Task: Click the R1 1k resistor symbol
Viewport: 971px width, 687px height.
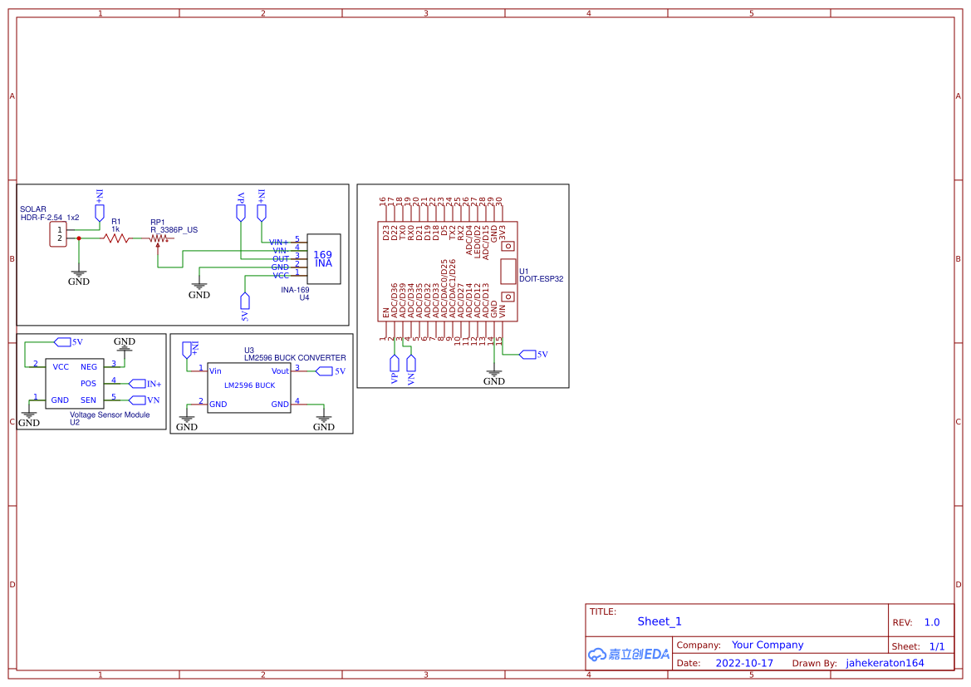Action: coord(116,238)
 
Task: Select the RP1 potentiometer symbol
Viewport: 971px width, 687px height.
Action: coord(158,239)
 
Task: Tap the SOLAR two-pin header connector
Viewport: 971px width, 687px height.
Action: coord(58,234)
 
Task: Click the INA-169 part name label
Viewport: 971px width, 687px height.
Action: coord(295,290)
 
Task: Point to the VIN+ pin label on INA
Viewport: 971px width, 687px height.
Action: coord(278,242)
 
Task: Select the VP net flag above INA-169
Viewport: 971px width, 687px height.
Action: coord(241,213)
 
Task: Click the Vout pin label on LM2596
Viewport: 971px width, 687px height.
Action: coord(280,370)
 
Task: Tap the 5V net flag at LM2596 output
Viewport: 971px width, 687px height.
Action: coord(323,370)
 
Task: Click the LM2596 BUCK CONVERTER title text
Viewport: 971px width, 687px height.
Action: coord(295,358)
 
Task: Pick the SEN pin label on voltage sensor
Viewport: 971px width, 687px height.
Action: coord(88,400)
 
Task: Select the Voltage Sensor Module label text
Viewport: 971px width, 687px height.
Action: coord(110,415)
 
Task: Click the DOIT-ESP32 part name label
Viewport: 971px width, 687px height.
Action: coord(541,279)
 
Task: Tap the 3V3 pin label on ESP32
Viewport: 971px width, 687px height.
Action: coord(503,232)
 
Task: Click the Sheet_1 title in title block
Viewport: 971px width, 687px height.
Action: coord(660,621)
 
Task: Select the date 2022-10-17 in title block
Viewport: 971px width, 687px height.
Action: coord(744,663)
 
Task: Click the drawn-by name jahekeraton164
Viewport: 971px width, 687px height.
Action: coord(885,663)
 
